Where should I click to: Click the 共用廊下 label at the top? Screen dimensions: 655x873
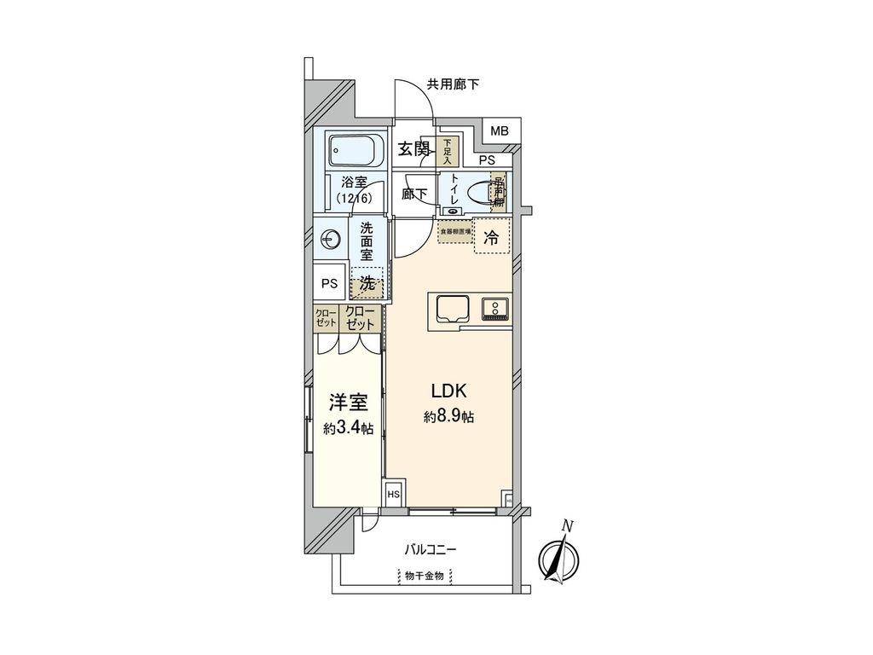pyautogui.click(x=453, y=84)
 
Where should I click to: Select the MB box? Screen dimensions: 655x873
pyautogui.click(x=499, y=130)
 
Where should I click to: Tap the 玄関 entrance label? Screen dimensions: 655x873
pyautogui.click(x=415, y=149)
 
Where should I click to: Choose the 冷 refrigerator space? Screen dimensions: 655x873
pyautogui.click(x=491, y=239)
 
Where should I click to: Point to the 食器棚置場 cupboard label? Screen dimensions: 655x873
pyautogui.click(x=455, y=230)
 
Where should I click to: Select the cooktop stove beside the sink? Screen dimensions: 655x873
pyautogui.click(x=494, y=308)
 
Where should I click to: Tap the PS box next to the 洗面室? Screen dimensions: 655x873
pyautogui.click(x=329, y=284)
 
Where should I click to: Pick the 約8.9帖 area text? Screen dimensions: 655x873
pyautogui.click(x=448, y=417)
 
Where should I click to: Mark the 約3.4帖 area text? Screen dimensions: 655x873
pyautogui.click(x=348, y=428)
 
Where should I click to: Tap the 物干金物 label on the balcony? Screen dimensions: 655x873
pyautogui.click(x=424, y=576)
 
